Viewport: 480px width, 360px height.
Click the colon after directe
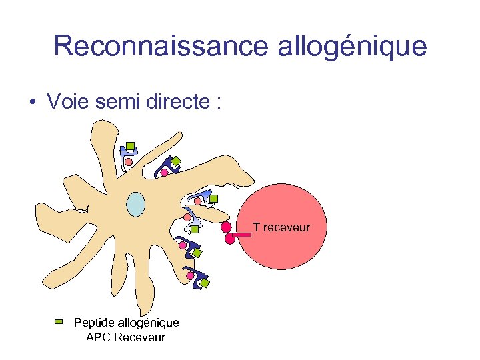tap(217, 103)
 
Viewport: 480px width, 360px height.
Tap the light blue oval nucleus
tap(136, 204)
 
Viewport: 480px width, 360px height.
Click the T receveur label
tap(281, 227)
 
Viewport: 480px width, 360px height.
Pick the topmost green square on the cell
tap(131, 146)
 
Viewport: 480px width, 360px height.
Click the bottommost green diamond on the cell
tap(205, 283)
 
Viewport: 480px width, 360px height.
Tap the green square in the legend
tap(59, 322)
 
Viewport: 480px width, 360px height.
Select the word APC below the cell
tap(99, 337)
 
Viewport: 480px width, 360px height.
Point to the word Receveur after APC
tap(140, 337)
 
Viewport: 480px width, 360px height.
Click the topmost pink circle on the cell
tap(129, 161)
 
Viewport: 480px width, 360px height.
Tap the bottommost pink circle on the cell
tap(190, 275)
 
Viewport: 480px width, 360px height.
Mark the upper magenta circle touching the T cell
tap(226, 227)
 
